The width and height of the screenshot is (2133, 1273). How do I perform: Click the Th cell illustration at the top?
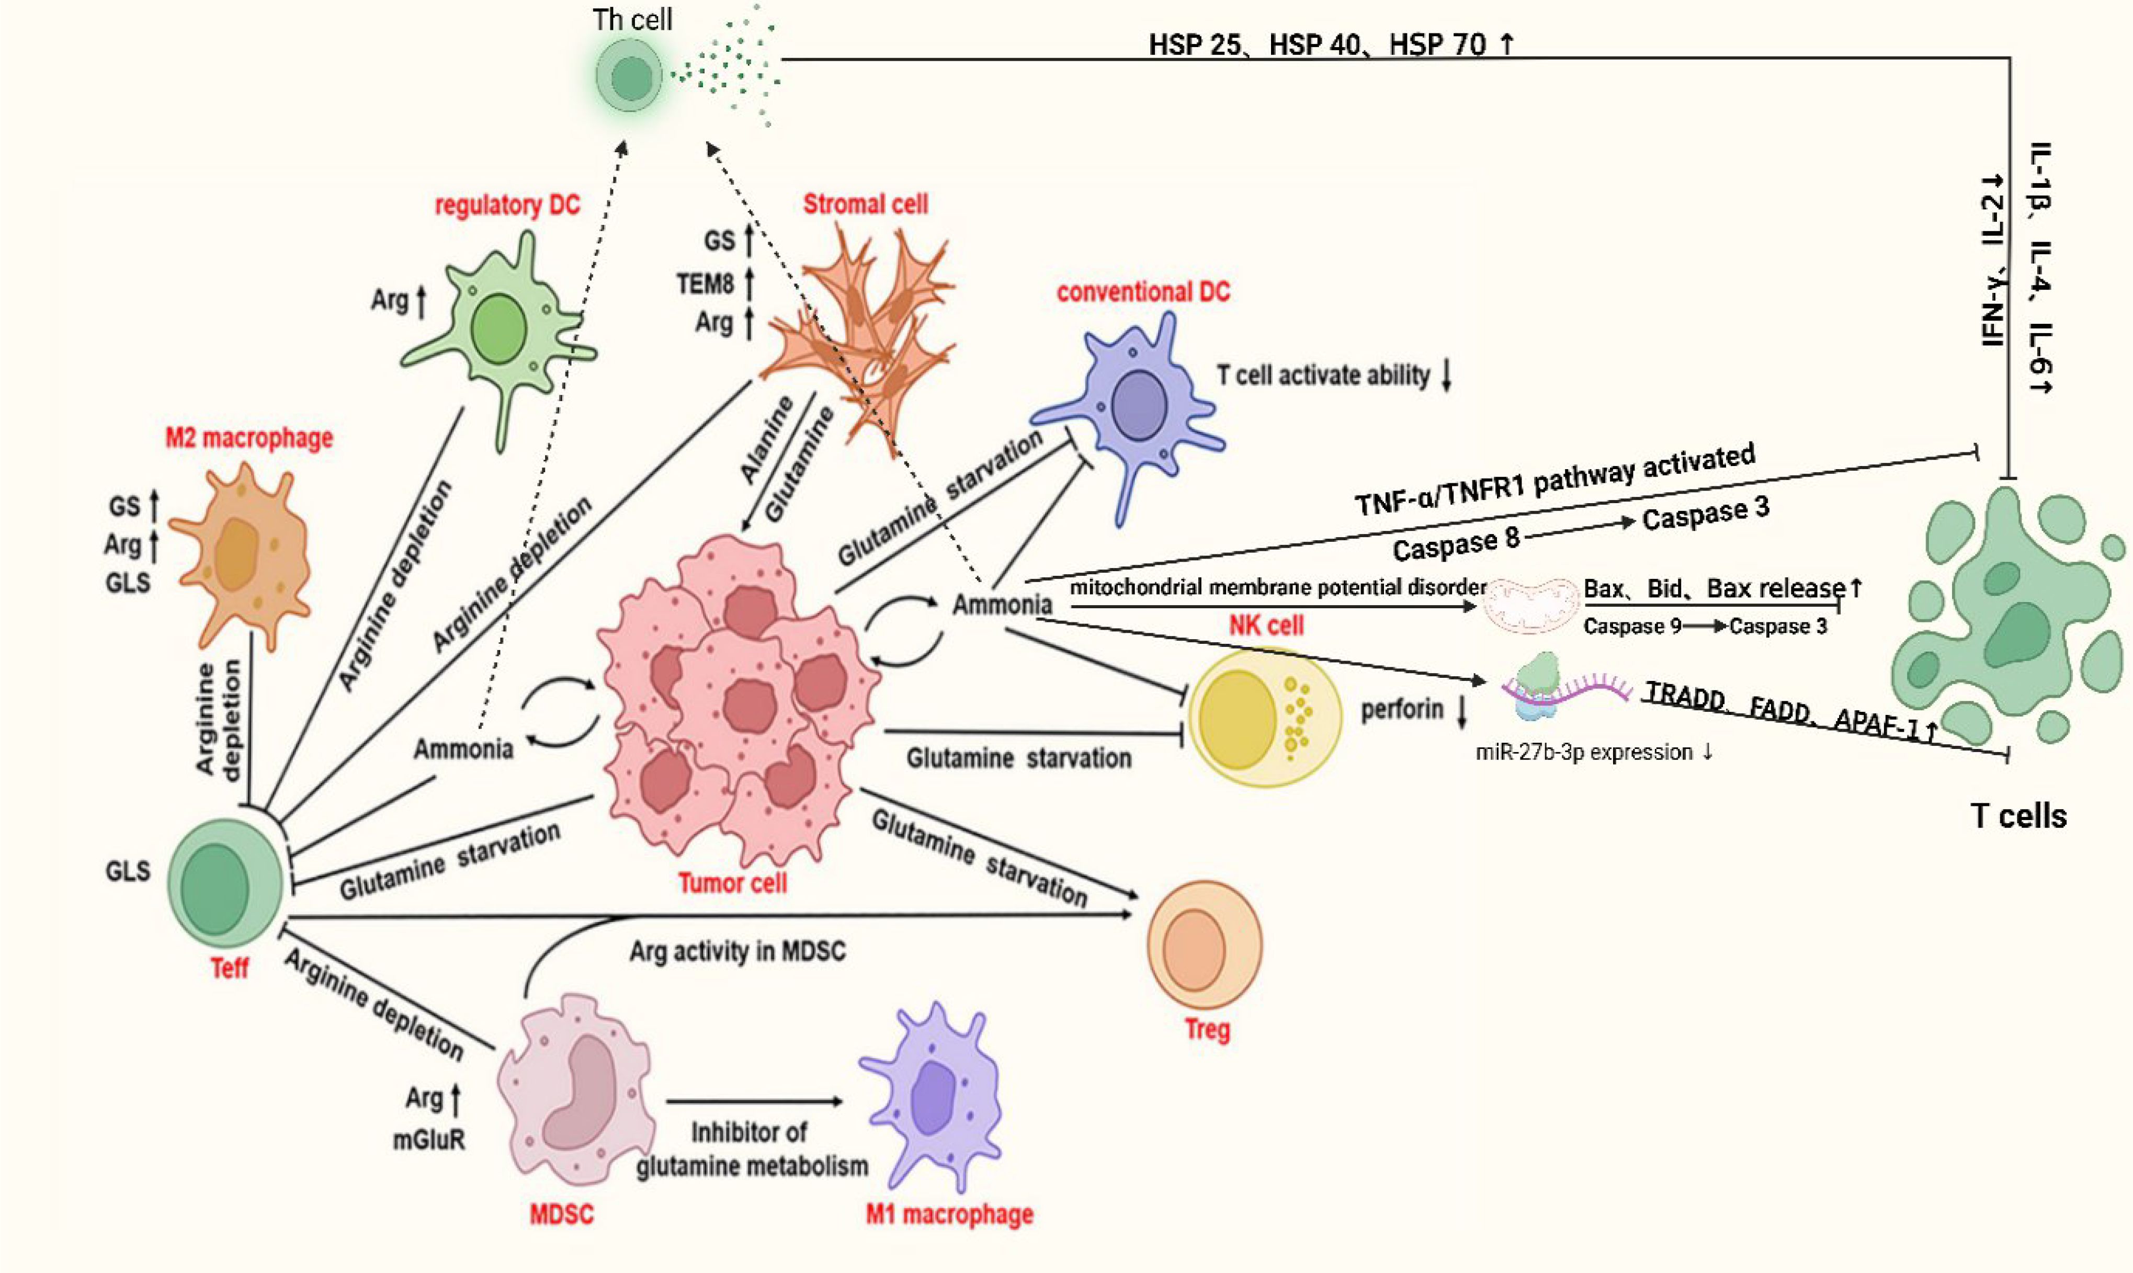630,77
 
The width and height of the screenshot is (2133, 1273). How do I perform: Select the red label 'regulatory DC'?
507,206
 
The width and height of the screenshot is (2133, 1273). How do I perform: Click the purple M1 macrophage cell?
935,1097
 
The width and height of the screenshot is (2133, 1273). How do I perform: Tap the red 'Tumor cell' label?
732,883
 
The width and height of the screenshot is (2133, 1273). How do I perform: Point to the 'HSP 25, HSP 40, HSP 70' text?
1330,44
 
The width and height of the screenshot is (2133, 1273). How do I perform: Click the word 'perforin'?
1401,709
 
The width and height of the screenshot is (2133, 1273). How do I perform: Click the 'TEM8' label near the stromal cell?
705,282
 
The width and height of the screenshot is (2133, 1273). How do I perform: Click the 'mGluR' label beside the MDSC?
429,1140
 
